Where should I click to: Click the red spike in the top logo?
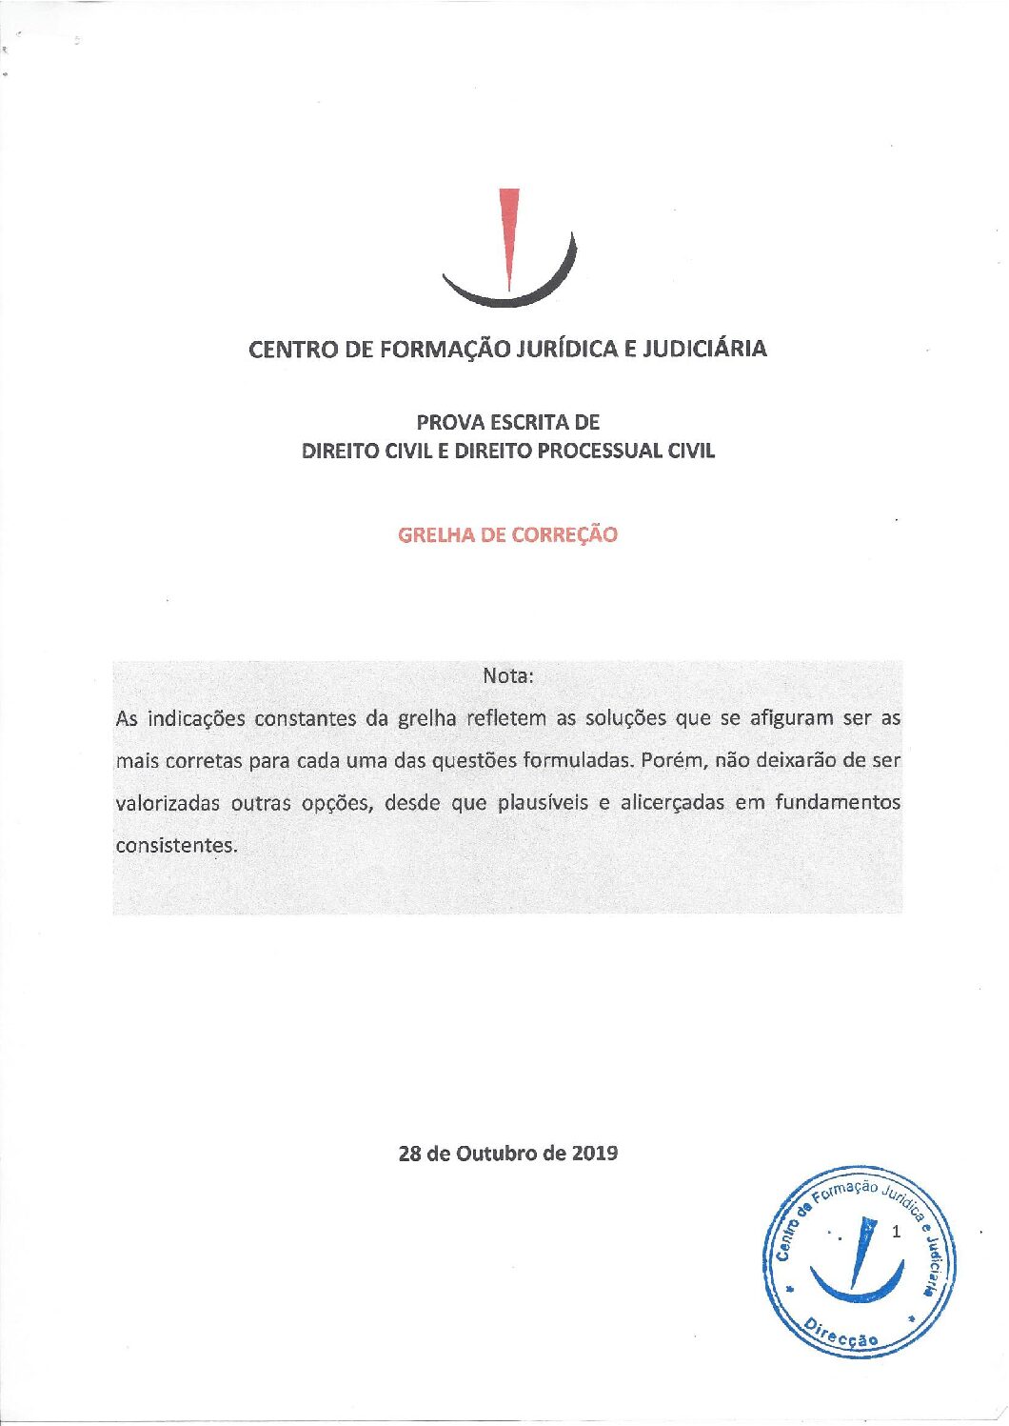tap(509, 229)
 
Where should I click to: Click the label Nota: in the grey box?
tap(508, 675)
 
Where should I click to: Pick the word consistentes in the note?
tap(175, 845)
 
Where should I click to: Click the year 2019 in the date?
tap(595, 1153)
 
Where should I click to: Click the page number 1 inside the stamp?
tap(896, 1231)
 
